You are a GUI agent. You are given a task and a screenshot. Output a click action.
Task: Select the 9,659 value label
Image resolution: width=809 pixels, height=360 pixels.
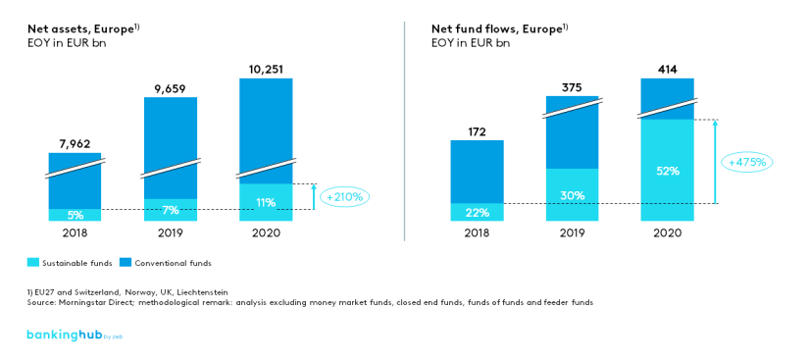(171, 89)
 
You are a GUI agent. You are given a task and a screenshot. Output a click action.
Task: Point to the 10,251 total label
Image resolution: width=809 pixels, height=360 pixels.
(266, 69)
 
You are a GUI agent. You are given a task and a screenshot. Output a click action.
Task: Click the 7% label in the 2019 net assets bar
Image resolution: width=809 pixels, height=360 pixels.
(171, 210)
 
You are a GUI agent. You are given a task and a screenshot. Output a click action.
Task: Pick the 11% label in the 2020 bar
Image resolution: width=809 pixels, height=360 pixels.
(266, 202)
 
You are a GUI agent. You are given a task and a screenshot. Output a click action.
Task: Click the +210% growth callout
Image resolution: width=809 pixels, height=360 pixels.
(343, 197)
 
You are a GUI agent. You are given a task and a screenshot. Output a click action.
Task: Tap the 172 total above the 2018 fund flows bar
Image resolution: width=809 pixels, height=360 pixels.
(477, 130)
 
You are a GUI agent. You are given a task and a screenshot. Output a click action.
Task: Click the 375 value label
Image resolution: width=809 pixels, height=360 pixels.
(572, 87)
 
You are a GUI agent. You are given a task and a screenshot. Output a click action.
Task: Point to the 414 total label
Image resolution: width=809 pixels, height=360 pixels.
(667, 69)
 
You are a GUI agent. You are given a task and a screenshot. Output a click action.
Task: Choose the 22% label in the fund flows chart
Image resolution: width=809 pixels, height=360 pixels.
(477, 212)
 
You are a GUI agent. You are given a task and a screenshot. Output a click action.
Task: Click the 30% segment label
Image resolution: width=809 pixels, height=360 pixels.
(572, 194)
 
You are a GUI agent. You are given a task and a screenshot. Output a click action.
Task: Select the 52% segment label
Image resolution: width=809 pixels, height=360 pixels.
(667, 170)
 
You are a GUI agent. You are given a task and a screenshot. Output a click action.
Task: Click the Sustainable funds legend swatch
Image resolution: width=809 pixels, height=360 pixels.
(33, 263)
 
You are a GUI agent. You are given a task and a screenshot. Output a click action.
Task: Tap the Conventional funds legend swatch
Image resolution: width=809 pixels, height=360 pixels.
(126, 263)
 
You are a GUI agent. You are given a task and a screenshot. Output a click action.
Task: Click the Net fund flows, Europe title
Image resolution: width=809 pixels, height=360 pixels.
(499, 28)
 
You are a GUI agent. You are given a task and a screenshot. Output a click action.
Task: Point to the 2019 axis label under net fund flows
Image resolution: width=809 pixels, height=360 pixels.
(572, 232)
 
